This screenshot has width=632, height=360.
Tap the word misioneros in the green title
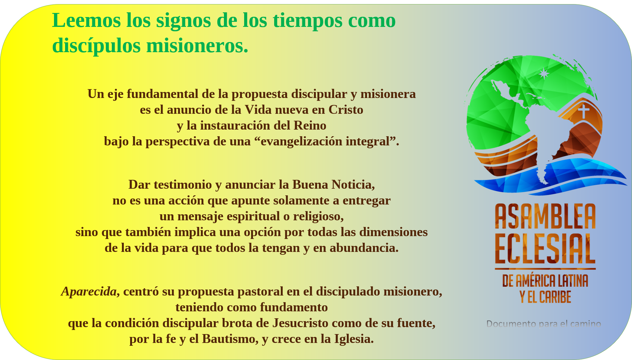[x=197, y=46]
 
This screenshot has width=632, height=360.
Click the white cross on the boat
[x=584, y=111]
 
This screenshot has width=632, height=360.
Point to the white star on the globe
[x=544, y=74]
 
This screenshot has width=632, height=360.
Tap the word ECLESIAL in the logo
[x=545, y=248]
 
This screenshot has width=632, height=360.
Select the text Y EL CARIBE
[x=545, y=297]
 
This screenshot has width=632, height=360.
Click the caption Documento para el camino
[x=544, y=324]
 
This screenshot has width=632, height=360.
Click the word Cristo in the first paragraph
[x=346, y=110]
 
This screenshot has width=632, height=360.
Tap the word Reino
[x=310, y=125]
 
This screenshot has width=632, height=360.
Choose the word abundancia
[x=364, y=248]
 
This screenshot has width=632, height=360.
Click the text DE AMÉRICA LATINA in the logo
[x=545, y=281]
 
